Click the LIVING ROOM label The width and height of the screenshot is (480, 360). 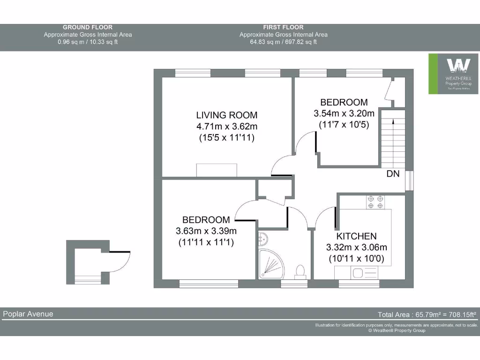tap(226, 115)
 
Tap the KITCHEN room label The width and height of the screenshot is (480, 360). tap(356, 236)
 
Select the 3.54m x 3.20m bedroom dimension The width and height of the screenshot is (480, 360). tap(344, 113)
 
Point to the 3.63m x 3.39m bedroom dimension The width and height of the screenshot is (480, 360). tap(206, 231)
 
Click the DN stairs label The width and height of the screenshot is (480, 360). tap(393, 174)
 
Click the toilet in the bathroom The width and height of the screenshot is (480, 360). tap(300, 271)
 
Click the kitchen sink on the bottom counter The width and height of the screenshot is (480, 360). tap(360, 272)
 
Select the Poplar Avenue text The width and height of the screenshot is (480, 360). tap(28, 314)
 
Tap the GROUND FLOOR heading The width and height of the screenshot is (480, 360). tap(88, 27)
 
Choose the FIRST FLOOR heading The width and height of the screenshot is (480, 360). tap(283, 27)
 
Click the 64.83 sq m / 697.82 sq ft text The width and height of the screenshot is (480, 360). tap(283, 42)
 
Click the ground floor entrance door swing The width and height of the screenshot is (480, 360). tap(120, 261)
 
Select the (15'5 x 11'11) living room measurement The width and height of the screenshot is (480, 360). tap(226, 138)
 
